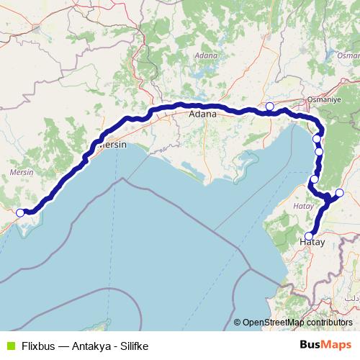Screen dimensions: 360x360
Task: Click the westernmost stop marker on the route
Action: [x=20, y=212]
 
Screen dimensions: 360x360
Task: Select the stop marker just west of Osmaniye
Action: [x=269, y=107]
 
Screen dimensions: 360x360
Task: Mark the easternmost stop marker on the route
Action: [x=339, y=192]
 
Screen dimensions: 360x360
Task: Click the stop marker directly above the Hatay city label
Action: [x=309, y=235]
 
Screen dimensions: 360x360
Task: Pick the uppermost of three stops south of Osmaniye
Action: [x=317, y=139]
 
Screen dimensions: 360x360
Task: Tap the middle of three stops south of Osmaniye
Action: [x=319, y=152]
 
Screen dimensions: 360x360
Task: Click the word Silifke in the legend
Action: [x=132, y=346]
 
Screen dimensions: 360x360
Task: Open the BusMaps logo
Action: [x=325, y=345]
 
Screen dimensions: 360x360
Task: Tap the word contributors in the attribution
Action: [x=330, y=323]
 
